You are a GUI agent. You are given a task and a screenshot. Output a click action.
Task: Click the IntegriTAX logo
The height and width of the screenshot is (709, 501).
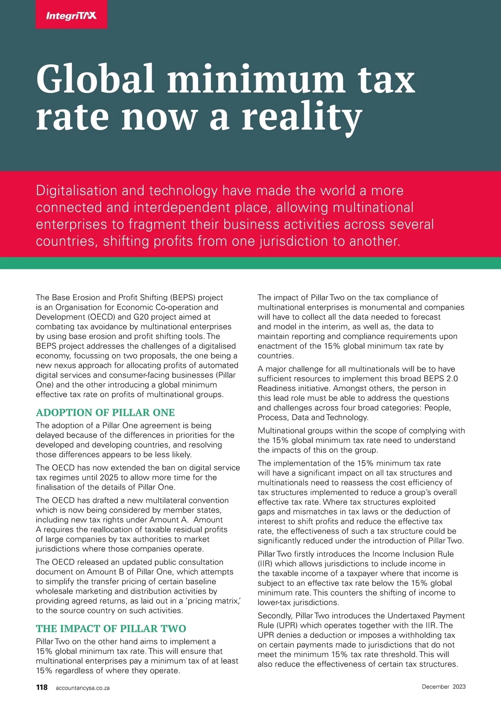click(71, 15)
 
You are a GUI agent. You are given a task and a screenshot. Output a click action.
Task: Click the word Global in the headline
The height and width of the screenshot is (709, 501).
click(95, 79)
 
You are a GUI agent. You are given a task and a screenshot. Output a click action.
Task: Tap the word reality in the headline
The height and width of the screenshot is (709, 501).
click(302, 117)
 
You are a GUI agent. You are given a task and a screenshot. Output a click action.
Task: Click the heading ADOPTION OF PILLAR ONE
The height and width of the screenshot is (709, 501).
click(105, 413)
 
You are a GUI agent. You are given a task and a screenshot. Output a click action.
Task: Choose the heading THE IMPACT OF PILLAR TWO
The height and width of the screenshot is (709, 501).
click(111, 629)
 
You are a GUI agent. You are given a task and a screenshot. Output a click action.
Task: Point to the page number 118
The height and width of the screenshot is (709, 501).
click(42, 687)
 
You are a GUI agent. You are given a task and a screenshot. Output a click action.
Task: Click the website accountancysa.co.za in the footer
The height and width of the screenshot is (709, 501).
click(83, 688)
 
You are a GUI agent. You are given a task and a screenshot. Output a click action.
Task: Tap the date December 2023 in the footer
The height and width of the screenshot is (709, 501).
click(443, 686)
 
